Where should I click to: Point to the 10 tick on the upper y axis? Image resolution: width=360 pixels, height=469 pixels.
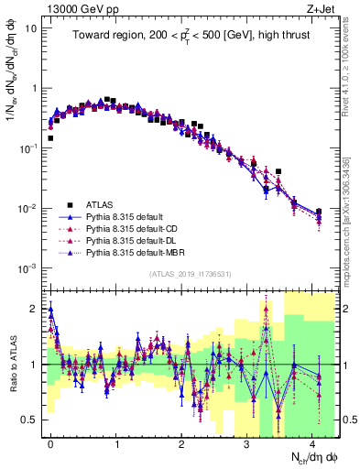point(35,28)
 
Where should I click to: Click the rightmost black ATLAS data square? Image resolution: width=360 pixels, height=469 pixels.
point(319,212)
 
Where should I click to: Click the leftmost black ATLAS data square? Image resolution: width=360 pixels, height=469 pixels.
point(50,138)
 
